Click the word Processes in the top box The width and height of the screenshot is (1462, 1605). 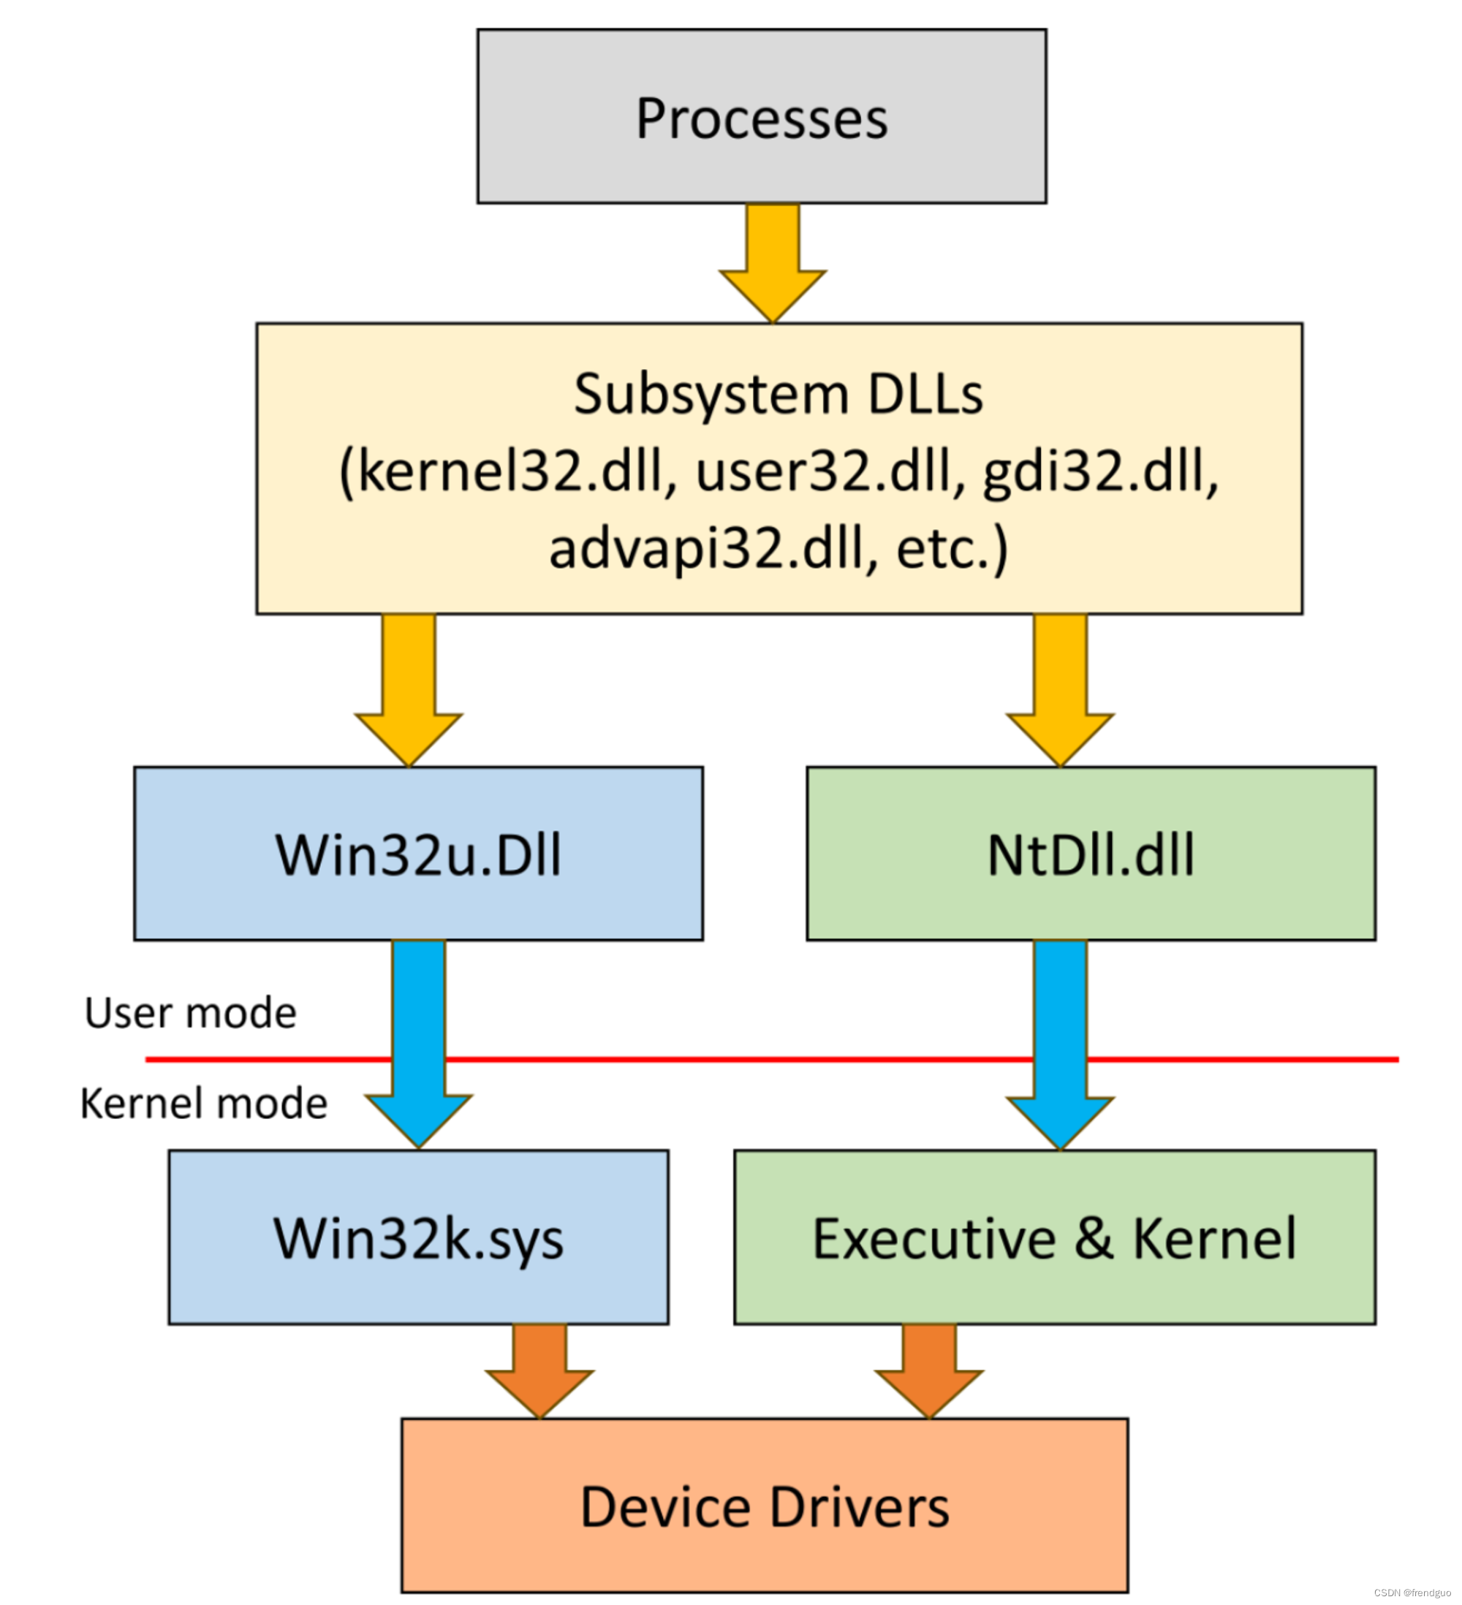761,119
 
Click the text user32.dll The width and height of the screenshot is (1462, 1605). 829,471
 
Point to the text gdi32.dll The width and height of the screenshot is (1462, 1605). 1099,471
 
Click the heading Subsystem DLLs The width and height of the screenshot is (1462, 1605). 778,395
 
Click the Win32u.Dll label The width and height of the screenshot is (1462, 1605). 418,856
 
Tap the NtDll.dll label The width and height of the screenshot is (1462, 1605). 1090,856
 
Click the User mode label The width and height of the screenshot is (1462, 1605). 190,1014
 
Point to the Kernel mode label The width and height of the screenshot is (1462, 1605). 204,1104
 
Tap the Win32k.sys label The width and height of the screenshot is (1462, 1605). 418,1240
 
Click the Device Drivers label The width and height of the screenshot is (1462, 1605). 765,1508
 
